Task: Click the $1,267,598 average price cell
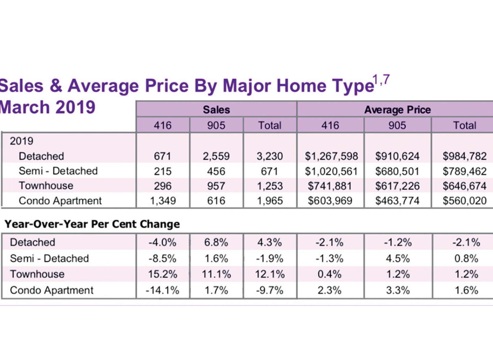331,156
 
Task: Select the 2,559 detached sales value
216,156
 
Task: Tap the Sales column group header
216,110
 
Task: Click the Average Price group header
397,110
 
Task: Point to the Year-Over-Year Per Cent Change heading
92,224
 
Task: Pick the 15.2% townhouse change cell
163,274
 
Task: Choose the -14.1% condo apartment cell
163,290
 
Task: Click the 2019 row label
22,141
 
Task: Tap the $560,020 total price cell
464,201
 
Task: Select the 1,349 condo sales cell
163,201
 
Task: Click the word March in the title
25,107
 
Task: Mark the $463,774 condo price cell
397,201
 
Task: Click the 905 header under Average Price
397,125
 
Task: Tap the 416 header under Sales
163,125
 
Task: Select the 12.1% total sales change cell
270,274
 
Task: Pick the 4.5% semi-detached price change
398,258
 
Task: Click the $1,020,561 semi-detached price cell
331,171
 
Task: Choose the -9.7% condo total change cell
270,290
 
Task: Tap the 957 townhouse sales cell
216,186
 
